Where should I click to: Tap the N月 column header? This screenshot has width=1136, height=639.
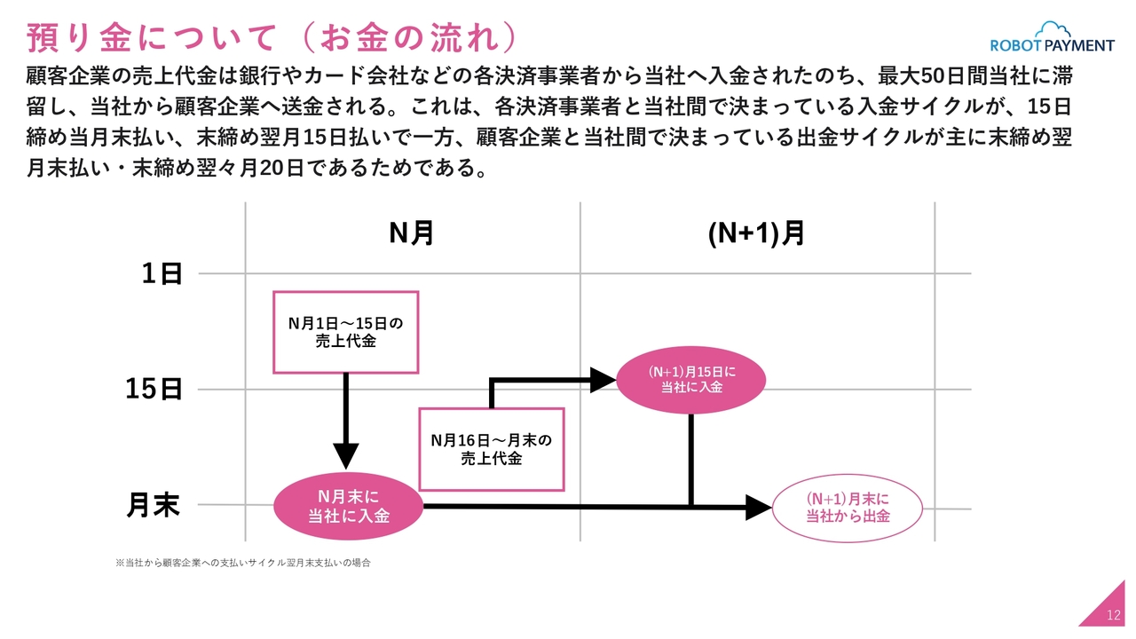tap(412, 233)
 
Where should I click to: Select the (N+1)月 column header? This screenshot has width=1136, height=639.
tap(756, 233)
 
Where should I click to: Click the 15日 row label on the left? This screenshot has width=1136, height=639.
tap(154, 389)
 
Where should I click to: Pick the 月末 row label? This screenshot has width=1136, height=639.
tap(153, 505)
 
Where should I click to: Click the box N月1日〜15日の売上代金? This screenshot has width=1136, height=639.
tap(345, 332)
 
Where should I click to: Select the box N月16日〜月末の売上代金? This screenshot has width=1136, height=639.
tap(491, 449)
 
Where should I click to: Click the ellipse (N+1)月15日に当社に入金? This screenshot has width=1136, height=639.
tap(690, 379)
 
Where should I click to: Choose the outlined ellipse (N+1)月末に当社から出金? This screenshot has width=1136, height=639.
tap(848, 508)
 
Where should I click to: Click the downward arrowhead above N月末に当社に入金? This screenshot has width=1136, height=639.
tap(345, 454)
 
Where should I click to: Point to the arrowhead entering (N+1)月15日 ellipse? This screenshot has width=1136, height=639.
tap(603, 380)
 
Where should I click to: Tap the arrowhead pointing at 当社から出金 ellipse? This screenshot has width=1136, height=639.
tap(758, 508)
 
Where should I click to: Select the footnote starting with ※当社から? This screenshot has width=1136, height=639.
tap(242, 563)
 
